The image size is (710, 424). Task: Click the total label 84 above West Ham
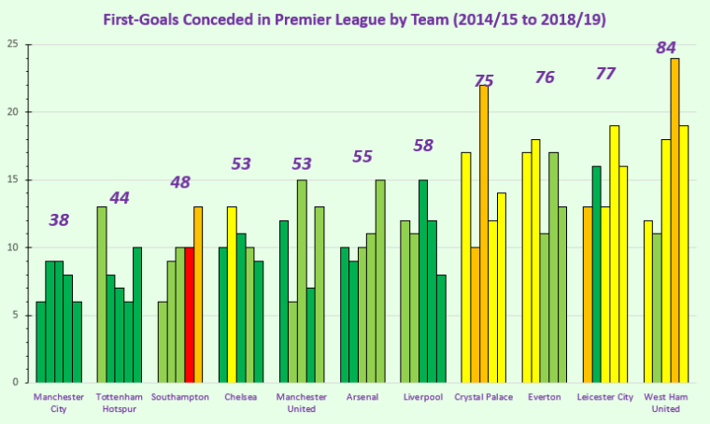pyautogui.click(x=666, y=48)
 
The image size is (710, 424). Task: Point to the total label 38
pyautogui.click(x=59, y=220)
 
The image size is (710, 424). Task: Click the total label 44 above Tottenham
pyautogui.click(x=120, y=198)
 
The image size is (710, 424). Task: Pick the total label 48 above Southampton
pyautogui.click(x=180, y=182)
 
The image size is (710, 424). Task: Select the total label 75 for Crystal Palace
pyautogui.click(x=484, y=80)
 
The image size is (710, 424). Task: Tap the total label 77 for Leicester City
pyautogui.click(x=605, y=74)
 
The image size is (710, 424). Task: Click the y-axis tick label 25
pyautogui.click(x=11, y=45)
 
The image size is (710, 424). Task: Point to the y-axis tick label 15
pyautogui.click(x=11, y=180)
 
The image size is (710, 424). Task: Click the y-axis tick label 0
pyautogui.click(x=15, y=383)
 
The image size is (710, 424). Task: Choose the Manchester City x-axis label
pyautogui.click(x=59, y=403)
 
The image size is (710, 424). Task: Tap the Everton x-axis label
pyautogui.click(x=545, y=397)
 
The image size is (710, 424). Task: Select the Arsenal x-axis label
pyautogui.click(x=362, y=397)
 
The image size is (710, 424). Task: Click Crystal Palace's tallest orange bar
pyautogui.click(x=484, y=233)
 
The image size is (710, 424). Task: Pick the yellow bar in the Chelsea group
pyautogui.click(x=232, y=294)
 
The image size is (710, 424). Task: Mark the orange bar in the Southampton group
pyautogui.click(x=198, y=294)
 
